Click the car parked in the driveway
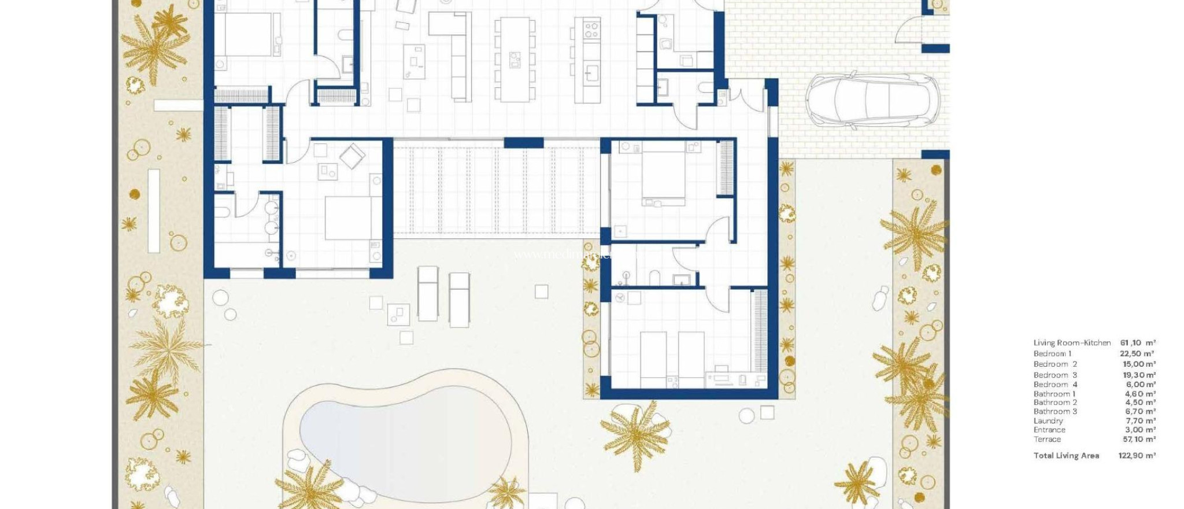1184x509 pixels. pos(872,100)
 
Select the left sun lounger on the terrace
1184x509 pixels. pos(428,293)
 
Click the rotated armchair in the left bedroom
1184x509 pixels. pos(352,156)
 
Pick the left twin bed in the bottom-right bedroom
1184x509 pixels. pos(653,359)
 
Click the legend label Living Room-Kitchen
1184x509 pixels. pos(1072,343)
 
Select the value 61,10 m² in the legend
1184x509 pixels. pos(1138,343)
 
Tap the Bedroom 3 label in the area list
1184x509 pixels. pos(1055,375)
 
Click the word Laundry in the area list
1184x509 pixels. pos(1048,421)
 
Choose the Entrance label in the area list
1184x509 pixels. pos(1049,430)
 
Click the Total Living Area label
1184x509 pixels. pos(1066,456)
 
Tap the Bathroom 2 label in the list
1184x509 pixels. pos(1055,403)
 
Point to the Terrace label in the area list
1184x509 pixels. pos(1047,439)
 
